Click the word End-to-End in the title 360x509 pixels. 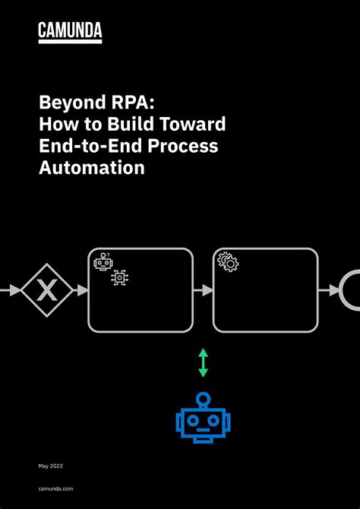[x=84, y=146]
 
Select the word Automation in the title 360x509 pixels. [x=91, y=168]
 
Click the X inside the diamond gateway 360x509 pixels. [x=47, y=290]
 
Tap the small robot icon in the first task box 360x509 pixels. [x=103, y=262]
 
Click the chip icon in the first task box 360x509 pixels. [x=120, y=278]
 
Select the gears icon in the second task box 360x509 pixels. [x=228, y=262]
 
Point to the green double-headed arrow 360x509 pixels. [x=203, y=362]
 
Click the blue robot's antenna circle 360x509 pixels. [x=203, y=397]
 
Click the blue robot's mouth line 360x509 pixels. [x=203, y=435]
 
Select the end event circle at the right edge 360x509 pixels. [x=352, y=290]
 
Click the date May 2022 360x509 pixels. [x=52, y=464]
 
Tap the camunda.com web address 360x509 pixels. [x=56, y=492]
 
